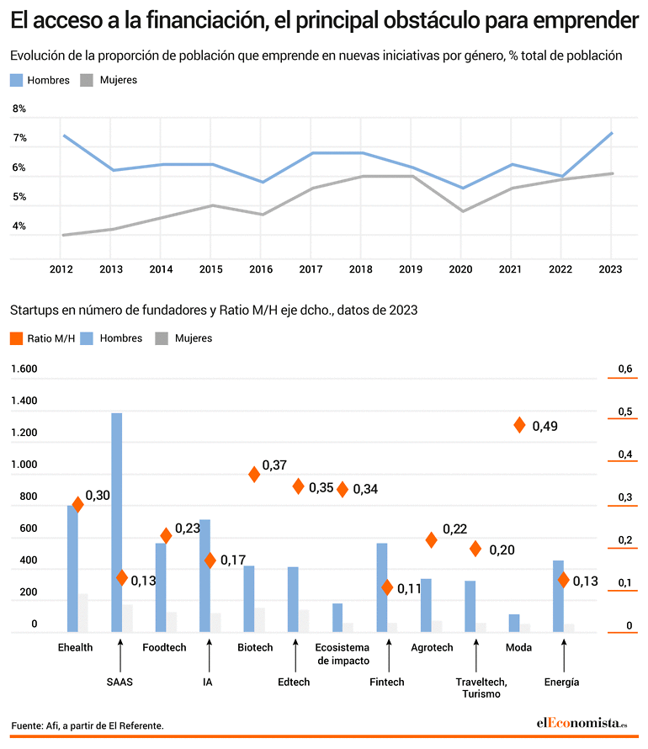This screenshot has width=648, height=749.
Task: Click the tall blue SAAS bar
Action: point(116,523)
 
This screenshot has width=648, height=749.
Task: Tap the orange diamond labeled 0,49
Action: point(519,425)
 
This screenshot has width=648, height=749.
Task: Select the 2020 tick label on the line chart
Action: point(460,269)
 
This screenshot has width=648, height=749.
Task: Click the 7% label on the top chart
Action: point(19,138)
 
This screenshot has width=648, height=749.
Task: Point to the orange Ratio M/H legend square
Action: point(16,338)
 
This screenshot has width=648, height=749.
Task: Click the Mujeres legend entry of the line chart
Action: point(109,80)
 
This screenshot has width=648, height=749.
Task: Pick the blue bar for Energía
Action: point(558,597)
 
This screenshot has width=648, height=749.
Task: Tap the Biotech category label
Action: point(255,647)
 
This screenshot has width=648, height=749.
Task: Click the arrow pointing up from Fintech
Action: point(389,656)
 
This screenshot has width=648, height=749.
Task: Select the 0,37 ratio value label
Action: point(274,465)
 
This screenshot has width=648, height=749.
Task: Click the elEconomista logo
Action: point(582,723)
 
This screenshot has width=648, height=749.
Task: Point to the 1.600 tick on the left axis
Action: point(24,369)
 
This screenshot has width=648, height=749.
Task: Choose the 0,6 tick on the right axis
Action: point(625,369)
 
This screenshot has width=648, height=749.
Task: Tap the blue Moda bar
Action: point(514,624)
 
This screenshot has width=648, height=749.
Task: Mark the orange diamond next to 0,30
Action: point(77,504)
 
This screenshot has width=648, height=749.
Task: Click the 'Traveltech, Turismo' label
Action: point(481,688)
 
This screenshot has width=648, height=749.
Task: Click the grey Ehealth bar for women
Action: point(83,613)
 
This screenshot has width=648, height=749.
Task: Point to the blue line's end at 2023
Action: point(612,133)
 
